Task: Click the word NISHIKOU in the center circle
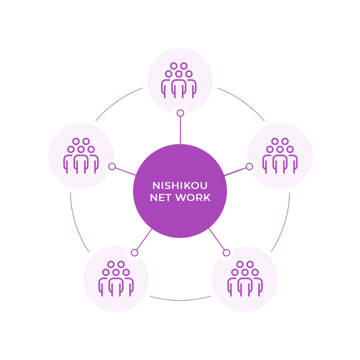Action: tap(180, 185)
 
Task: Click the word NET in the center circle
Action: tap(160, 197)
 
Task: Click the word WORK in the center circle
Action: tap(193, 197)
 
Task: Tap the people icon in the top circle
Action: tap(178, 80)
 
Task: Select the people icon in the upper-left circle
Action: tap(81, 155)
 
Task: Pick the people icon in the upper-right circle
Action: tap(280, 155)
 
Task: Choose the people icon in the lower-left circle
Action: tap(116, 278)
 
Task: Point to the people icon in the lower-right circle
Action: tap(245, 278)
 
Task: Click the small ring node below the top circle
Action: tap(180, 113)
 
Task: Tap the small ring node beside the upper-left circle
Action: tap(112, 166)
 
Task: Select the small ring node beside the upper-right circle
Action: tap(249, 166)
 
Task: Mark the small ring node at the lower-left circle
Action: tap(134, 253)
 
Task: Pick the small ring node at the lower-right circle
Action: tap(226, 252)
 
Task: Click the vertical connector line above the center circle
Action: tap(180, 130)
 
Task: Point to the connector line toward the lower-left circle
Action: tap(144, 239)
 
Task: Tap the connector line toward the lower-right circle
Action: tap(216, 239)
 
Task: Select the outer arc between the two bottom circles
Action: tap(180, 299)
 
